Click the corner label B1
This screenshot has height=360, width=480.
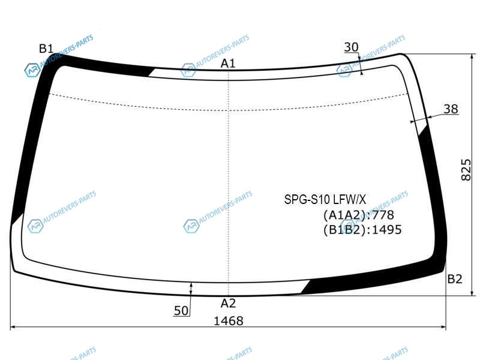tap(46, 49)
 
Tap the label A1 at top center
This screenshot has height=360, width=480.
tap(228, 64)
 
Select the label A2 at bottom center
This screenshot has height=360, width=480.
tap(228, 304)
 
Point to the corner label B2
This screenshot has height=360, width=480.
tap(455, 279)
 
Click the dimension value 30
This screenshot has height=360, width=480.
tap(351, 47)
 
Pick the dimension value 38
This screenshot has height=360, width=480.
tap(451, 109)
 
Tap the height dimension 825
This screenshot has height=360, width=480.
tap(466, 170)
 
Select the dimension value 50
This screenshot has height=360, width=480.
tap(181, 311)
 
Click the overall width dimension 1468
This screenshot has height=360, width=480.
tap(229, 321)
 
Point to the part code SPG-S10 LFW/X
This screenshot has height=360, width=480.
tap(325, 200)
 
